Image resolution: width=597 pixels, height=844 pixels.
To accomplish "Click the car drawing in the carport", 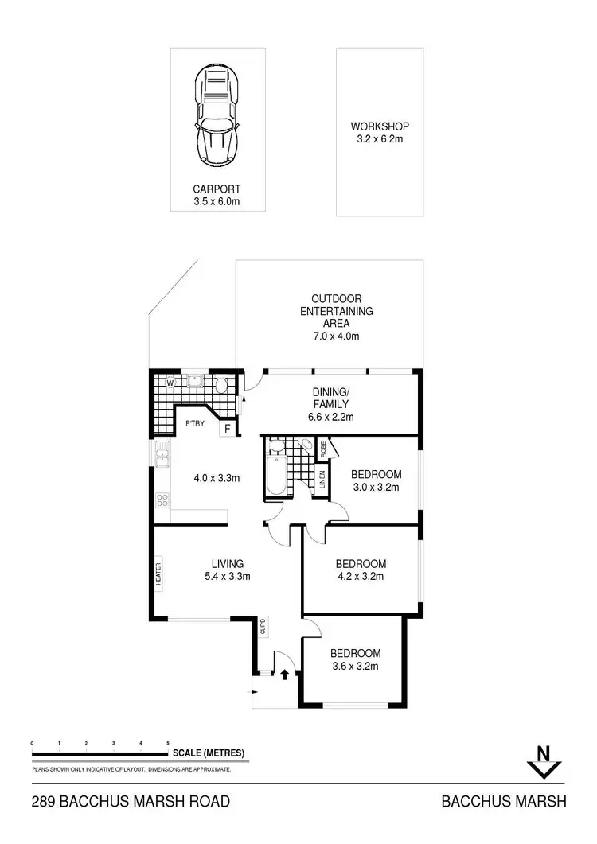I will (x=217, y=115).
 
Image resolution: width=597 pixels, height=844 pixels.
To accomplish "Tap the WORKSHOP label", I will (x=380, y=126).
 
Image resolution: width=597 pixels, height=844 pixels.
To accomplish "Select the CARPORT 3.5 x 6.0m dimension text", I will (x=217, y=202).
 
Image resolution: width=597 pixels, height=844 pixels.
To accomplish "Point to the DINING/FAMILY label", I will (x=331, y=403).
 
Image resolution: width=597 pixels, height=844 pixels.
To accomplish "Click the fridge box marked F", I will (x=228, y=430).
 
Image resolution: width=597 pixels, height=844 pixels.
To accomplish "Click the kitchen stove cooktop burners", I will (x=163, y=500).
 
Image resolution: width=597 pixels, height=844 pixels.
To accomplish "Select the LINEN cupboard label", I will (x=323, y=480).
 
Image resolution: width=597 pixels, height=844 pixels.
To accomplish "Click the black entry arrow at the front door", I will (x=284, y=675).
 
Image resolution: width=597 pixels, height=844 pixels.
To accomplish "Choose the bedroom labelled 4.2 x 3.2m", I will (x=361, y=570).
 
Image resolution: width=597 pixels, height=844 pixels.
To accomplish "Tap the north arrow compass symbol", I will (x=544, y=761).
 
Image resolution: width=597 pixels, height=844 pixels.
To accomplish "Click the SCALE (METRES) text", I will (x=208, y=753).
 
